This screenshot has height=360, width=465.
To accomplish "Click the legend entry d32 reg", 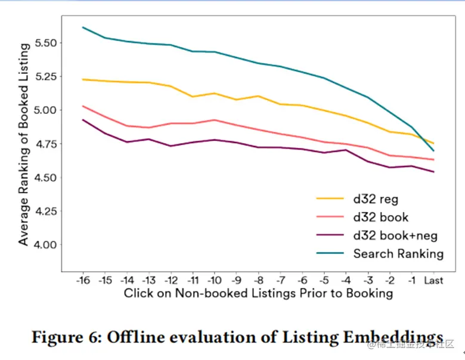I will [x=376, y=198].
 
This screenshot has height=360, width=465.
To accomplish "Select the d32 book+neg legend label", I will [x=392, y=235].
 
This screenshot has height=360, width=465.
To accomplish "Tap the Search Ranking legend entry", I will [x=398, y=253].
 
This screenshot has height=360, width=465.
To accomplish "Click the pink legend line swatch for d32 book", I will [x=330, y=217].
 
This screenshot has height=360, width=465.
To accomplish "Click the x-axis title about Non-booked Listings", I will [x=258, y=293].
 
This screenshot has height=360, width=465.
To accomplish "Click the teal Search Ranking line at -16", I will [x=83, y=27].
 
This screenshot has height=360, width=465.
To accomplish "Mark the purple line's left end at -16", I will [x=83, y=120].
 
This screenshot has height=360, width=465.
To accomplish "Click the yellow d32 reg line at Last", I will [x=433, y=143].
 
